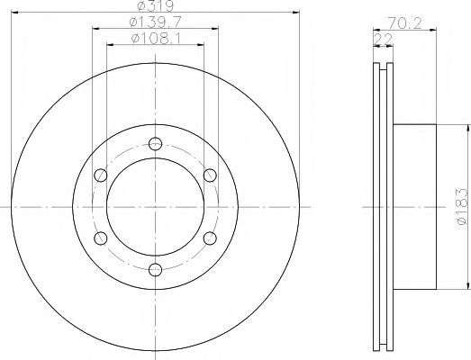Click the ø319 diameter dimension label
pyautogui.click(x=155, y=5)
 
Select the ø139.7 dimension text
pyautogui.click(x=155, y=22)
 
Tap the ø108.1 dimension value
pyautogui.click(x=156, y=39)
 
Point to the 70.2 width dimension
pyautogui.click(x=404, y=23)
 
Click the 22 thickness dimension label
pyautogui.click(x=384, y=40)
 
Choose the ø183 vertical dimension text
pyautogui.click(x=462, y=207)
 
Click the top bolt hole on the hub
pyautogui.click(x=155, y=143)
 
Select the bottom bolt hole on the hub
pyautogui.click(x=155, y=270)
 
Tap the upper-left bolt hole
pyautogui.click(x=101, y=175)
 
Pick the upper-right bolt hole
pyautogui.click(x=210, y=175)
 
